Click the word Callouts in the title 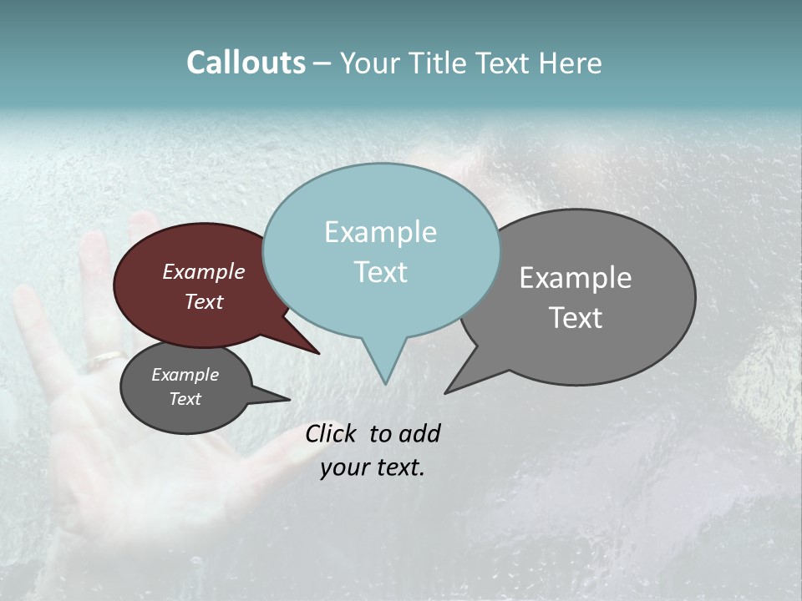pos(246,63)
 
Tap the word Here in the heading pos(570,63)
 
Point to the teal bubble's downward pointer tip pos(385,382)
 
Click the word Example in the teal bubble pos(380,232)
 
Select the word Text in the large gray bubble pos(576,318)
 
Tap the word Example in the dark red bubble pos(204,271)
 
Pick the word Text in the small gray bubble pos(185,399)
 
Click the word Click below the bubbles pos(332,433)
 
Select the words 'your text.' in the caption pos(372,467)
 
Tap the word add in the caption pos(419,433)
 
